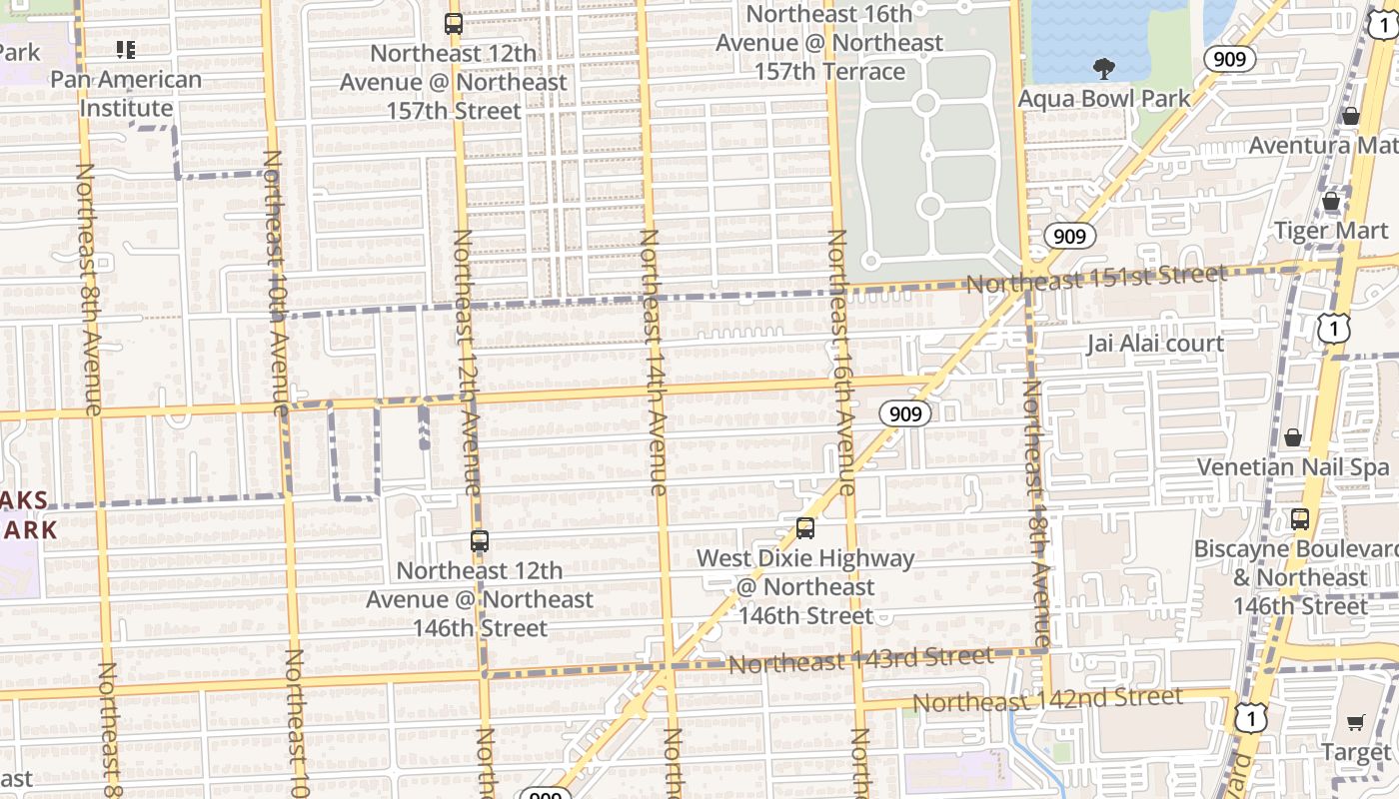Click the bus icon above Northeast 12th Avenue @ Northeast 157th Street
pos(454,23)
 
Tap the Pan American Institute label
pos(126,93)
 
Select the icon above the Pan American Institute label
pos(126,49)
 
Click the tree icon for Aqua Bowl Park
pos(1104,69)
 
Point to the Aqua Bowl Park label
pos(1104,99)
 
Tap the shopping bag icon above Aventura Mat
pos(1351,116)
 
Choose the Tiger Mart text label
pos(1330,231)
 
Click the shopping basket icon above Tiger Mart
pos(1331,202)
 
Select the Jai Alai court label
pos(1155,344)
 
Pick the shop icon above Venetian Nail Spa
pos(1293,437)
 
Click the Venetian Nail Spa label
pos(1293,466)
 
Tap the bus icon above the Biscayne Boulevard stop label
pos(1300,518)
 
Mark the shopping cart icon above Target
pos(1356,722)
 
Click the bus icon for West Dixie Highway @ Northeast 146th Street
pos(805,528)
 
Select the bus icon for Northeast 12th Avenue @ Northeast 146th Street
pos(480,541)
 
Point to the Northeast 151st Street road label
pos(1095,279)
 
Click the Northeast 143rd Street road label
pos(860,660)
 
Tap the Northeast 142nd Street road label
pos(1047,700)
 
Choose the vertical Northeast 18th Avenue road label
pos(1038,514)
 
